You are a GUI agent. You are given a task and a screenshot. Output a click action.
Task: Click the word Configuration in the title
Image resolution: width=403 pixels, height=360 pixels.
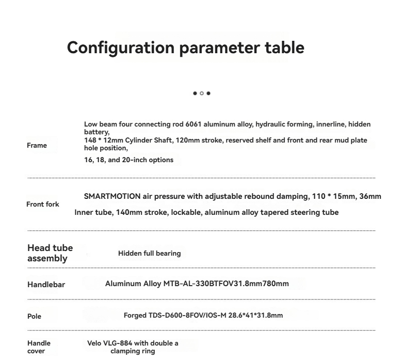coord(121,48)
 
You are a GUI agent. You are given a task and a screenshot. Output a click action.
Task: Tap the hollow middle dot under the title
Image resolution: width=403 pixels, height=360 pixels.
coord(202,93)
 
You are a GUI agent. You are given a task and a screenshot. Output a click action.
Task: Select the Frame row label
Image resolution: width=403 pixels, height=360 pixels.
coord(37,146)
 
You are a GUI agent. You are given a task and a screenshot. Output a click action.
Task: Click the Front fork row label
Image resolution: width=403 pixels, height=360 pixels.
coord(43,205)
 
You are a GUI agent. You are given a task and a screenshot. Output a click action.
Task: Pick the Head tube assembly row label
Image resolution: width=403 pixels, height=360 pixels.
coord(50,253)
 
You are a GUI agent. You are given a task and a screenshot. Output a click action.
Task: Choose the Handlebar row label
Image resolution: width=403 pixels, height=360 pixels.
coord(46,285)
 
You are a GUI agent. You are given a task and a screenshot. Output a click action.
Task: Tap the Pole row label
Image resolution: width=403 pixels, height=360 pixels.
coord(34,316)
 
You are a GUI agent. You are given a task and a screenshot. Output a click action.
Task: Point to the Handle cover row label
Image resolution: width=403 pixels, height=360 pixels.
coord(39,347)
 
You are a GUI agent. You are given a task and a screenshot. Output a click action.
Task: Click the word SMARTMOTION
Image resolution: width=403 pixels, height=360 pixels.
coord(112,196)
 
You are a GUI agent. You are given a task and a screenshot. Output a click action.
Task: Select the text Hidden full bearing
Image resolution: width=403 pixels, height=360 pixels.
coord(149,253)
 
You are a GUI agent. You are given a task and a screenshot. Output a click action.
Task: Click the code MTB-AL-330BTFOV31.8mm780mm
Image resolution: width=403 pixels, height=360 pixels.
coord(226,284)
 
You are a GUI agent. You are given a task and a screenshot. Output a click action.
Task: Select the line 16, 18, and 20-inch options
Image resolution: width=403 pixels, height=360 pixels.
coord(128,160)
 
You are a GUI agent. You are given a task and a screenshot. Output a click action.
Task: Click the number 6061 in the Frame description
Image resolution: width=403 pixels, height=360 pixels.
coord(193,124)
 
